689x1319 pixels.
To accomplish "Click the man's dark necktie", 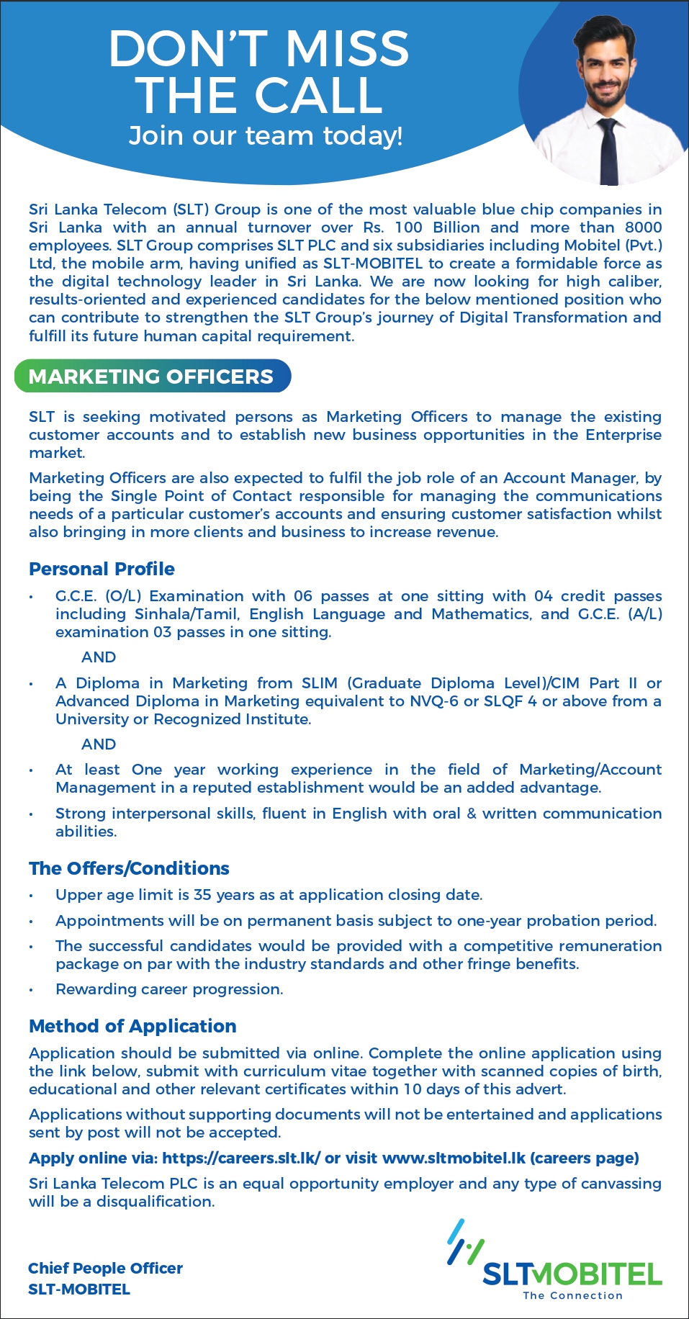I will click(x=608, y=151).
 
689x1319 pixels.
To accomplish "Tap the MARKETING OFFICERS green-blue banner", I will click(x=152, y=377).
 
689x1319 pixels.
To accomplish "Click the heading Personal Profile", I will click(x=102, y=569).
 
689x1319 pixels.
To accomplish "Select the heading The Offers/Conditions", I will click(x=129, y=868).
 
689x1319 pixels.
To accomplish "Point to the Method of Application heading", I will click(x=132, y=1026).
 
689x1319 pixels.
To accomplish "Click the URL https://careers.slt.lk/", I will click(x=241, y=1158).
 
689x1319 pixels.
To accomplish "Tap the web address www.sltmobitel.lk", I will click(x=454, y=1158).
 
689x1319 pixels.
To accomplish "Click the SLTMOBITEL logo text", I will click(x=572, y=1274).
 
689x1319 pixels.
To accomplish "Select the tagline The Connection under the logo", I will click(x=572, y=1295).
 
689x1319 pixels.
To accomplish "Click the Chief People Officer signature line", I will click(x=105, y=1268).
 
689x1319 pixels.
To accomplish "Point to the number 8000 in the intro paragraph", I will click(x=643, y=228).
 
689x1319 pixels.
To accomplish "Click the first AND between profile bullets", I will click(x=99, y=657).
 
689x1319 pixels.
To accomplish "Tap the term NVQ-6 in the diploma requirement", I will click(x=433, y=701).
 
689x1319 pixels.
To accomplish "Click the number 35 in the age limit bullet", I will click(x=202, y=895).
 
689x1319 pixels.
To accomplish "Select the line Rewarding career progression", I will click(x=169, y=989).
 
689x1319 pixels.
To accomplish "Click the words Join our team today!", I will click(x=266, y=135).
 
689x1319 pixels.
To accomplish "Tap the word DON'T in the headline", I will click(x=189, y=49).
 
